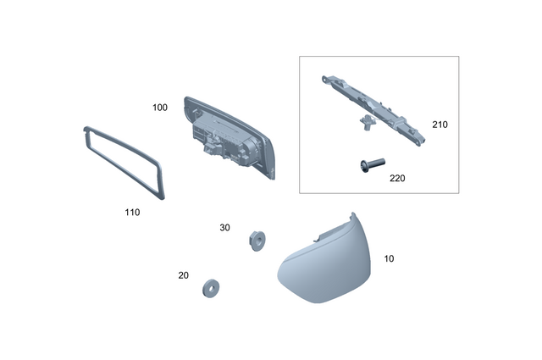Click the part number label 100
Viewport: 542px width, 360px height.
point(160,108)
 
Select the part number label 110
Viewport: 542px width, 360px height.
point(131,212)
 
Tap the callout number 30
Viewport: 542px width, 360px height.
point(224,228)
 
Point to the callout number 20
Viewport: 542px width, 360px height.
point(184,275)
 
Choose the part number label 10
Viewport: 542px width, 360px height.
point(389,258)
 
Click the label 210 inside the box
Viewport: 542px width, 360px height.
point(440,125)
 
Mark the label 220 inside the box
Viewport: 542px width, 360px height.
point(397,179)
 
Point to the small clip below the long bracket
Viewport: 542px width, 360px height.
point(367,124)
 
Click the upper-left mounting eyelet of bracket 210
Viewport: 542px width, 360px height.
point(325,80)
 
